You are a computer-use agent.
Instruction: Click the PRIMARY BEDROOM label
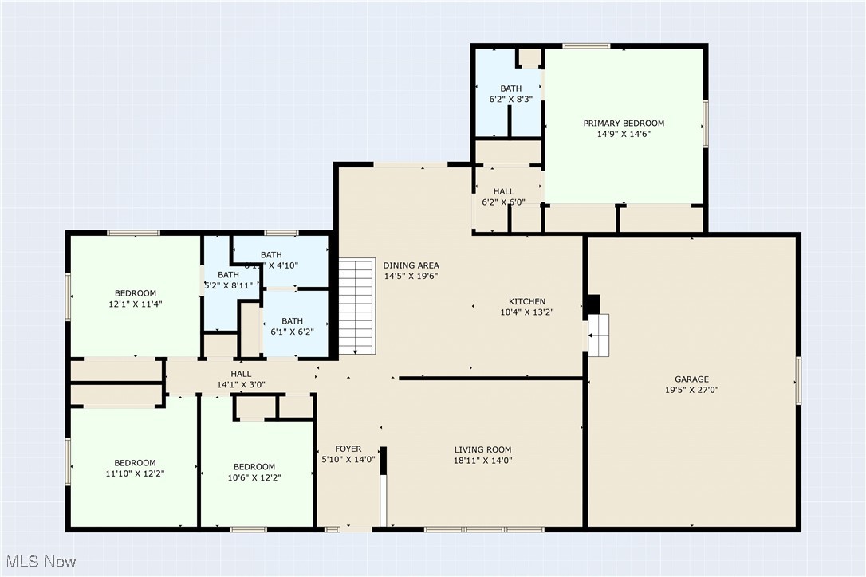(x=624, y=124)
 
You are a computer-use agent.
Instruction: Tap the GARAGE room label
(x=691, y=379)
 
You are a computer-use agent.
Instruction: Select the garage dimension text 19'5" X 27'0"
(x=691, y=391)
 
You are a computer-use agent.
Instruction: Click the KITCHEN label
(x=527, y=301)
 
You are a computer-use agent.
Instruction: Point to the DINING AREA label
(x=411, y=265)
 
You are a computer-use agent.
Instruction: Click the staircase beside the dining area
(x=356, y=307)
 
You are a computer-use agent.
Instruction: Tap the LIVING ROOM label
(x=482, y=449)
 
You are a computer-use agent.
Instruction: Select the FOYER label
(x=348, y=449)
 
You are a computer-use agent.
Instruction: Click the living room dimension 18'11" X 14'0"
(x=482, y=461)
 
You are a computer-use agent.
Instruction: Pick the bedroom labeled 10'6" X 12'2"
(x=254, y=472)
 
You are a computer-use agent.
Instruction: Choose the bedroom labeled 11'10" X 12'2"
(x=135, y=468)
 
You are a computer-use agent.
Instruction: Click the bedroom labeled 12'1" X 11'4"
(x=135, y=298)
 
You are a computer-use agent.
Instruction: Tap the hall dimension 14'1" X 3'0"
(x=241, y=385)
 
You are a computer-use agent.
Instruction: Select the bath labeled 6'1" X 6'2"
(x=292, y=327)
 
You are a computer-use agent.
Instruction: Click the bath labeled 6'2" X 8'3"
(x=510, y=94)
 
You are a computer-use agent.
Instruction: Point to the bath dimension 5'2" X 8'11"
(x=229, y=285)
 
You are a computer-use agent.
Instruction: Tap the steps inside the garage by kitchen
(x=598, y=335)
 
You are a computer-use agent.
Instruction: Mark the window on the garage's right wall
(x=797, y=381)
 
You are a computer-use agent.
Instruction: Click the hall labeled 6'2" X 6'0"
(x=503, y=197)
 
